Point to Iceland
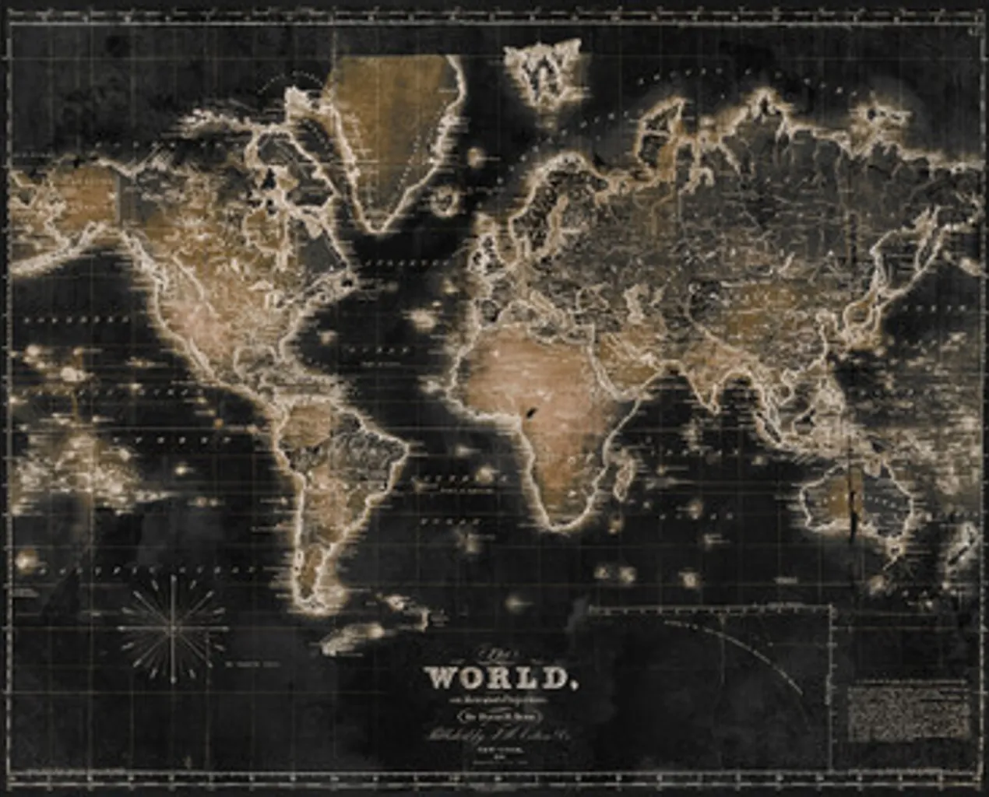pyautogui.click(x=445, y=200)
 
